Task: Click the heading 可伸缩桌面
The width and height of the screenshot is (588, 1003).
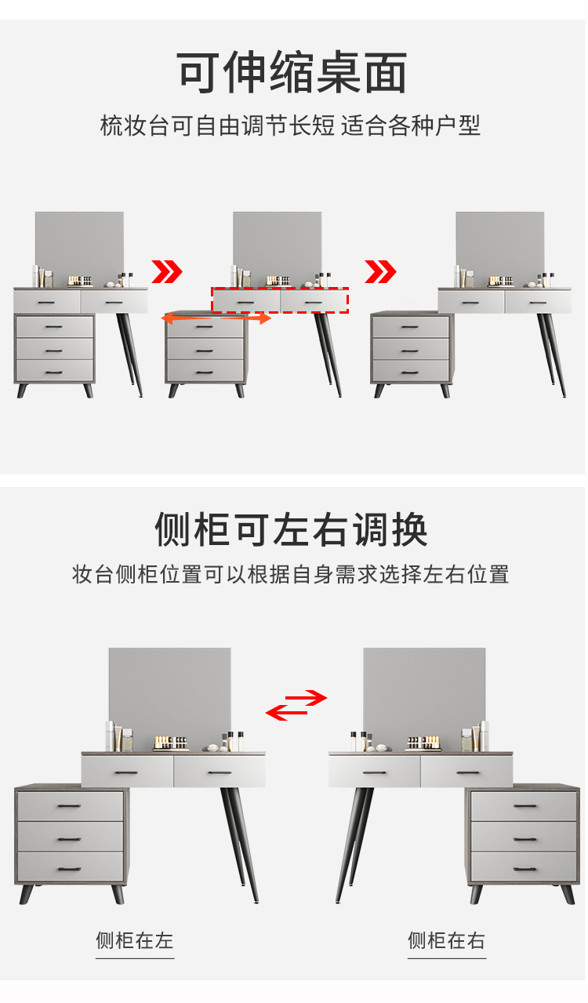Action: tap(292, 72)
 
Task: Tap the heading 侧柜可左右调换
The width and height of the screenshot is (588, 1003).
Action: tap(292, 529)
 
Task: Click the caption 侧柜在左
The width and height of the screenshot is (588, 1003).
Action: tap(135, 940)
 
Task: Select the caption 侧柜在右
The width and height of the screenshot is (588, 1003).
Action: tap(446, 940)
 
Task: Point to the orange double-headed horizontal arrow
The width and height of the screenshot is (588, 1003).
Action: tap(216, 318)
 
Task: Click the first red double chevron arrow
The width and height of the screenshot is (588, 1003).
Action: tap(167, 271)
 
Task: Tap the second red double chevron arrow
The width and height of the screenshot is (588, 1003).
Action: tap(380, 271)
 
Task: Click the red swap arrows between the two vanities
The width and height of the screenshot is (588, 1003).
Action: tap(296, 705)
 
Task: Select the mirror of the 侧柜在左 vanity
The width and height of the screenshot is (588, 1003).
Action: tap(170, 699)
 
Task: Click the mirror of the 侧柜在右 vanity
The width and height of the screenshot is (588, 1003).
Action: tap(424, 699)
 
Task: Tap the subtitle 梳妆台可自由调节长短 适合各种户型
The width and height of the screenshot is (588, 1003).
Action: tap(290, 125)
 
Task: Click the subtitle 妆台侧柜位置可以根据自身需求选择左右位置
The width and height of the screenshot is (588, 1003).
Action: tap(290, 574)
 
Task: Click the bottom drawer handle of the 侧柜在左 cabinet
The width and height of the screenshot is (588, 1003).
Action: tap(69, 869)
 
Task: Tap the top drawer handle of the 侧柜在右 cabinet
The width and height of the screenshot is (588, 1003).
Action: tap(525, 806)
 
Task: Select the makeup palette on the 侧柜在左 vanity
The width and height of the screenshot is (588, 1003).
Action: tap(170, 743)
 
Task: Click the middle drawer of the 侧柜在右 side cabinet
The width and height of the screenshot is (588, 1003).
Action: tap(524, 837)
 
